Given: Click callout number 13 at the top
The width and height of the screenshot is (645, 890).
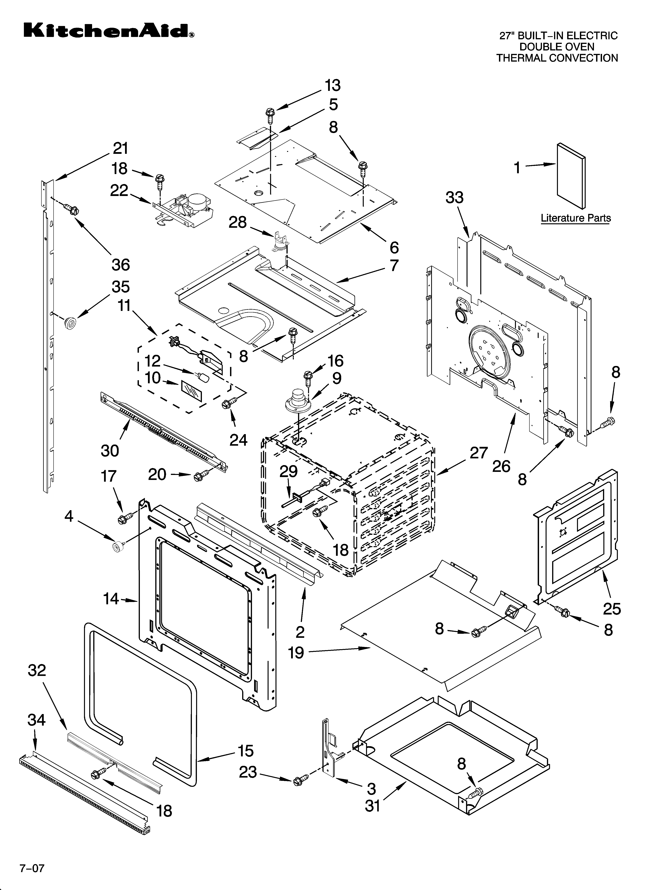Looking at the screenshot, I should click(332, 85).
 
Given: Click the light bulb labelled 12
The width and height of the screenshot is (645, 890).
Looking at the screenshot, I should click(204, 378).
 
